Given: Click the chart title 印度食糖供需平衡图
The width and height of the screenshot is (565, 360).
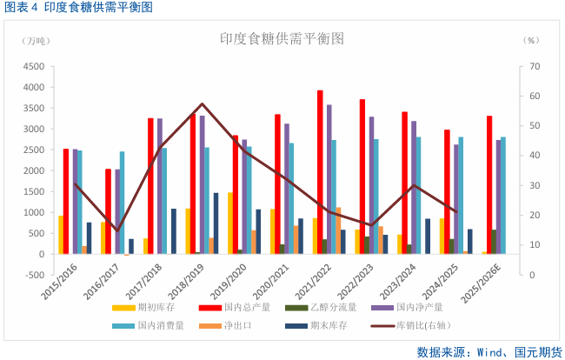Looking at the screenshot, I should tap(282, 39).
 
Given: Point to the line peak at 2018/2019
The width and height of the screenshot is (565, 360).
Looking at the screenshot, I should tap(202, 104).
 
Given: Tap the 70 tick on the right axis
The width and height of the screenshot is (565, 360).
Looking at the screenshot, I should tap(534, 67).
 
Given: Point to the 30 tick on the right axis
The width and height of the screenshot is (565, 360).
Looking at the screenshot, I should tap(534, 186).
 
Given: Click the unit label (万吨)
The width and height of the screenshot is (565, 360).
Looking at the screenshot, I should tap(38, 42).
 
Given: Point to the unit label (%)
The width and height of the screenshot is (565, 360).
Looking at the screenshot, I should tap(532, 42).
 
